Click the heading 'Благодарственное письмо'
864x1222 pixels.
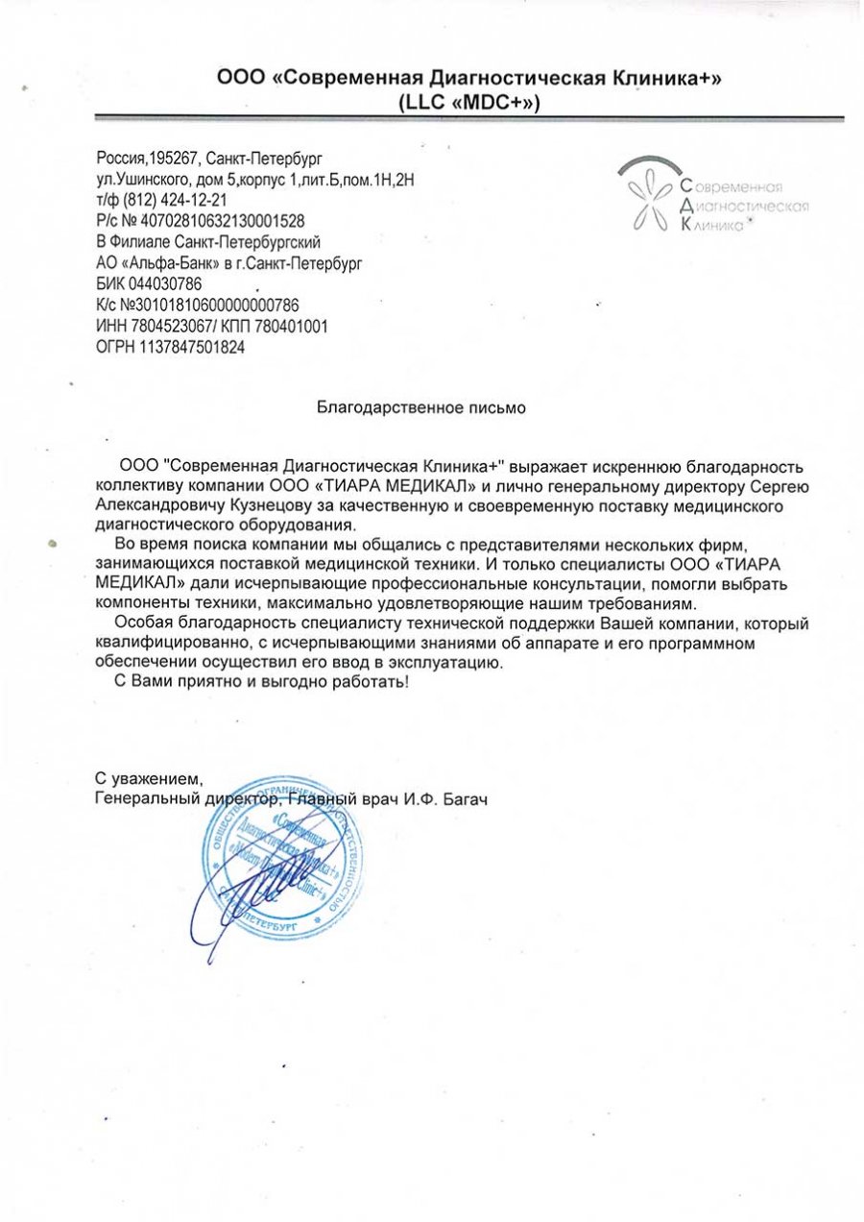pyautogui.click(x=421, y=407)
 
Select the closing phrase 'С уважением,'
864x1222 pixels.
pyautogui.click(x=149, y=777)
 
